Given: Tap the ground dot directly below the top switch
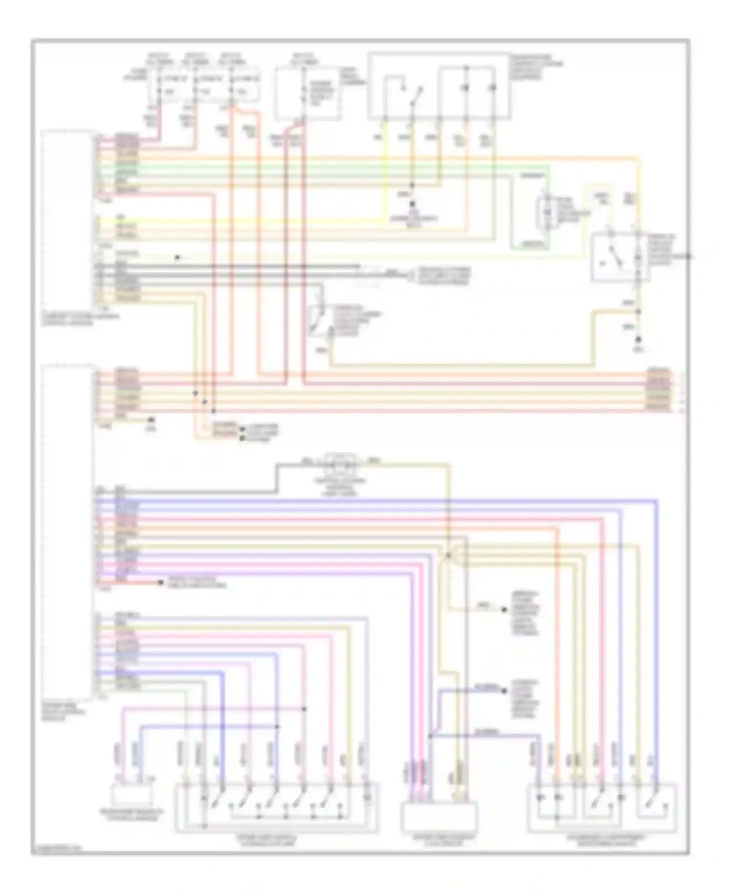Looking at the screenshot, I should pos(413,204).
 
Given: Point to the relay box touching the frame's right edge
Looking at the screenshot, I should pos(620,258).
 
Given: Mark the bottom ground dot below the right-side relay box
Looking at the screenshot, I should pos(639,339).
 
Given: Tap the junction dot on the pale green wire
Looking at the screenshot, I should pos(178,257).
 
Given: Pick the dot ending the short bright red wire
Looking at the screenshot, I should pos(160,582).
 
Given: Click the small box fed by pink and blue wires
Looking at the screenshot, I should pos(131,796).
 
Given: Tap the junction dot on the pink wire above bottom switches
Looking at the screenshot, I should pos(304,709).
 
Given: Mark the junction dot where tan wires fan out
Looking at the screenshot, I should pos(448,556).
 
